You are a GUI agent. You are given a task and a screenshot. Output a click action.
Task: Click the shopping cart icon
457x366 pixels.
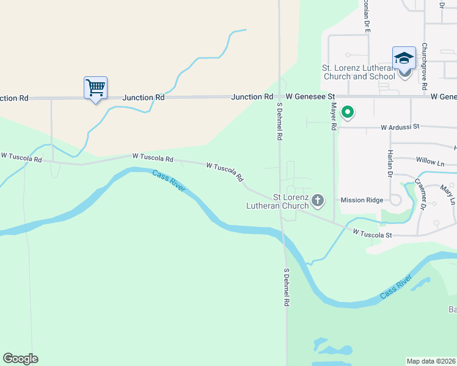(95, 88)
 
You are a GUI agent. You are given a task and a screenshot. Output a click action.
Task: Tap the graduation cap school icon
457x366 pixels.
(404, 58)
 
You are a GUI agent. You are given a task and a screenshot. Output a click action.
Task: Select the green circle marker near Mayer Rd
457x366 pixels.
(348, 112)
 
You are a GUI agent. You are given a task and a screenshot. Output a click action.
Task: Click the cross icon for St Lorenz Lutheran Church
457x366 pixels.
(318, 199)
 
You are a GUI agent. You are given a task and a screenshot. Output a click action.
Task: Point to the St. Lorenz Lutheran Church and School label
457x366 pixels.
(358, 72)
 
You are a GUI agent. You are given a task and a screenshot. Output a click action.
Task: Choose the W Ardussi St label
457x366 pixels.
(400, 127)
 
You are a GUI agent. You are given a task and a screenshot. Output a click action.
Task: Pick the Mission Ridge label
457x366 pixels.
(362, 200)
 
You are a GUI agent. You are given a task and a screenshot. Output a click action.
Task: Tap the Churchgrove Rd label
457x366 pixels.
(424, 67)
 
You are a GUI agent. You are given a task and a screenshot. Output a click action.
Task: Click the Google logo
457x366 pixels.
(20, 359)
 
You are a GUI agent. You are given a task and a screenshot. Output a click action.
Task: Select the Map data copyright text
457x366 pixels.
(431, 361)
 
